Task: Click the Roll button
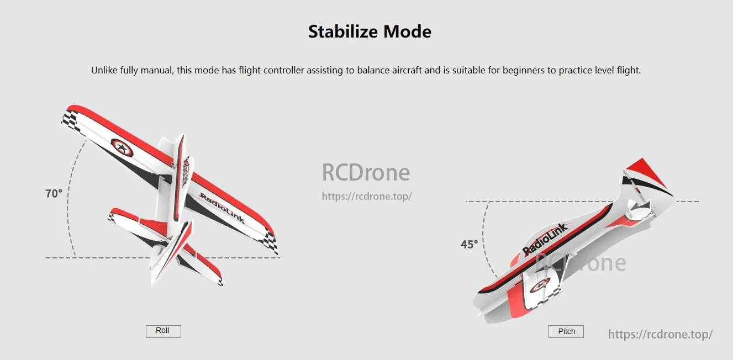tap(163, 331)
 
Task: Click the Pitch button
tap(566, 331)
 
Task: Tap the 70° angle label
tap(54, 194)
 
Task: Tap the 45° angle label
tap(470, 244)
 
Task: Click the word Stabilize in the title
tap(343, 31)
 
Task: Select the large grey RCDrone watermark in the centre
tap(366, 173)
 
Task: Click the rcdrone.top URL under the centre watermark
tap(367, 197)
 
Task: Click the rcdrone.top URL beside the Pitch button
tap(660, 334)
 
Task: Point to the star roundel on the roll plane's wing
tap(122, 147)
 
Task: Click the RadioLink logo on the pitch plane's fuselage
tap(545, 239)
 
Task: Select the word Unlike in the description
tap(104, 71)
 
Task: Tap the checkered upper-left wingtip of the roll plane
tap(70, 119)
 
